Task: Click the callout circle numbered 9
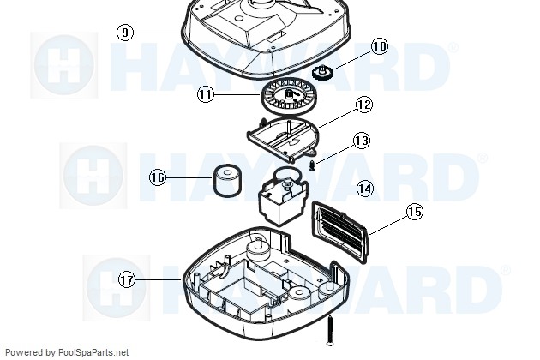pyautogui.click(x=125, y=33)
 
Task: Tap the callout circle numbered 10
pyautogui.click(x=380, y=46)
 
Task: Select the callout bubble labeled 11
pyautogui.click(x=205, y=94)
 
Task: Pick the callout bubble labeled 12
pyautogui.click(x=364, y=105)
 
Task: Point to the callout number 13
pyautogui.click(x=362, y=141)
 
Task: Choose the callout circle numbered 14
pyautogui.click(x=364, y=189)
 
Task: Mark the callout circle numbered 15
pyautogui.click(x=414, y=211)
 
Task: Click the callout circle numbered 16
pyautogui.click(x=158, y=177)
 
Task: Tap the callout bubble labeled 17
pyautogui.click(x=127, y=279)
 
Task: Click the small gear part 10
pyautogui.click(x=321, y=72)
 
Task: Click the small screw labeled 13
pyautogui.click(x=312, y=165)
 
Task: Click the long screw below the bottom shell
pyautogui.click(x=330, y=330)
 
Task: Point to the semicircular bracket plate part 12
pyautogui.click(x=283, y=139)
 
